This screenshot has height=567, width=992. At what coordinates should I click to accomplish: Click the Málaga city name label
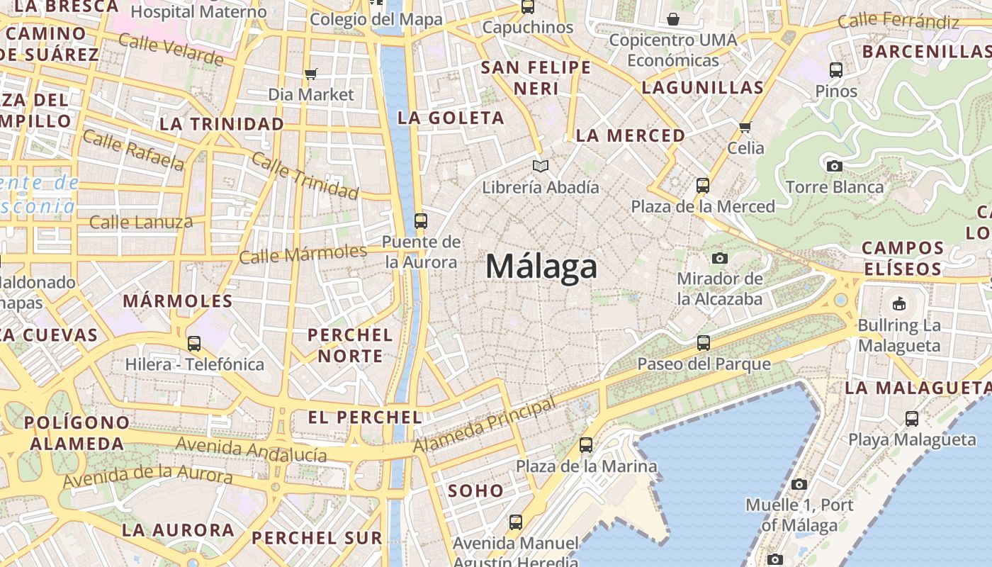pos(541,267)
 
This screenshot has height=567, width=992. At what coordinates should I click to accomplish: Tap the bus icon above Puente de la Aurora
pos(421,220)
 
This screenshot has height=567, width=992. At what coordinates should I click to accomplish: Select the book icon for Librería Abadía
pos(541,167)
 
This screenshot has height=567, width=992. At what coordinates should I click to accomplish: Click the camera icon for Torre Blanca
pos(835,166)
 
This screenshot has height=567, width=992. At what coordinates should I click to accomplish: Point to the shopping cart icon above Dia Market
pos(310,74)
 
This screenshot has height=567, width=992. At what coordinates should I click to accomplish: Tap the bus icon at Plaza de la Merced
pos(703,186)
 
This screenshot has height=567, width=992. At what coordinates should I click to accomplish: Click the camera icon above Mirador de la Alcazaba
pos(720,258)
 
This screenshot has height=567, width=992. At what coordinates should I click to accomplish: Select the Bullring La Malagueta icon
pos(898,304)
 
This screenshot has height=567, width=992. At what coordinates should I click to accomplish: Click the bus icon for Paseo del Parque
pos(704,343)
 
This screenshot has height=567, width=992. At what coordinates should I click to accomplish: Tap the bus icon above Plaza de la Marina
pos(586,445)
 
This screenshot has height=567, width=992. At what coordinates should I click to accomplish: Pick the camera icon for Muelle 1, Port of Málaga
pos(799,485)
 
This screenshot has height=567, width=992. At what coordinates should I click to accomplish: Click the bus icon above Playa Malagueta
pos(912,419)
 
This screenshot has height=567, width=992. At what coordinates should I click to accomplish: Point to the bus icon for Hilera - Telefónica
pos(194,344)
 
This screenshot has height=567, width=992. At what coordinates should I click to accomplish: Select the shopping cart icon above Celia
pos(745,128)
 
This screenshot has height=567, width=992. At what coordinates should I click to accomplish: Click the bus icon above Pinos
pos(836,70)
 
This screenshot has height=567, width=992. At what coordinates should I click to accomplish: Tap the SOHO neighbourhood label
pos(475,490)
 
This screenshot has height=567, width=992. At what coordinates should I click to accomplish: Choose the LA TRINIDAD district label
pos(222,124)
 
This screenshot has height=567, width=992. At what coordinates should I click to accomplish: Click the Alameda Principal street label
pos(485,425)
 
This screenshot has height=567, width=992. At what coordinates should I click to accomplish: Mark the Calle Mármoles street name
pos(303,253)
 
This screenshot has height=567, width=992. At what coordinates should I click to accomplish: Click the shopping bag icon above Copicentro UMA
pos(673,18)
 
